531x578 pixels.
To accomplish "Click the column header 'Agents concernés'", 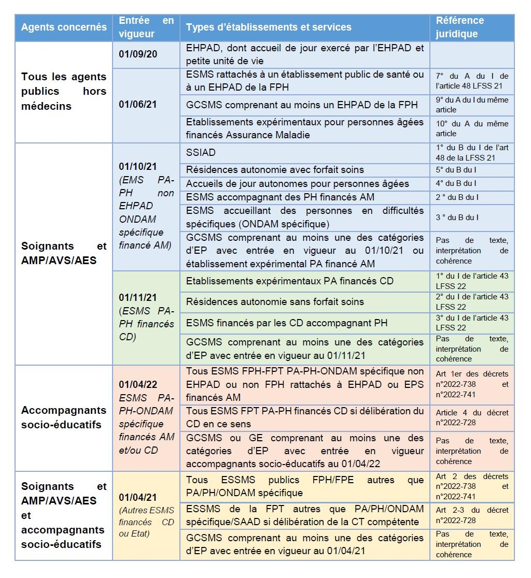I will pyautogui.click(x=64, y=27).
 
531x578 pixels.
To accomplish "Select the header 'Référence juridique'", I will pyautogui.click(x=459, y=27).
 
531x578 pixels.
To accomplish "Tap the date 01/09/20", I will pyautogui.click(x=138, y=54).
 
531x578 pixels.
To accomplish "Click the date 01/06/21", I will pyautogui.click(x=138, y=104).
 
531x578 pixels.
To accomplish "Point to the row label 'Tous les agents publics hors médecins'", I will pyautogui.click(x=64, y=91).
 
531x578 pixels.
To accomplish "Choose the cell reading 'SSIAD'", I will pyautogui.click(x=201, y=153).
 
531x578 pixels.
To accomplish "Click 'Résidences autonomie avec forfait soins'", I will pyautogui.click(x=275, y=169).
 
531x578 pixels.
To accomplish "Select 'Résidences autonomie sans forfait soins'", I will pyautogui.click(x=275, y=301).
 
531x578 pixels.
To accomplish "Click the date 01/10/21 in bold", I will pyautogui.click(x=138, y=167).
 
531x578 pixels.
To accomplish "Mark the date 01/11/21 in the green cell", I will pyautogui.click(x=138, y=298).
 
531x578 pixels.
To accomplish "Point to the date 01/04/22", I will pyautogui.click(x=138, y=385).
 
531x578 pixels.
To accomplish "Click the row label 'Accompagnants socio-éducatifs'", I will pyautogui.click(x=64, y=417).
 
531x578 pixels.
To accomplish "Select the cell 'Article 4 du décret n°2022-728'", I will pyautogui.click(x=471, y=417).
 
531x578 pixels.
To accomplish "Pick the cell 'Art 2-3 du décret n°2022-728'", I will pyautogui.click(x=471, y=515).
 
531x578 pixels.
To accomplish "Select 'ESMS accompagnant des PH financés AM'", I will pyautogui.click(x=280, y=197).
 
